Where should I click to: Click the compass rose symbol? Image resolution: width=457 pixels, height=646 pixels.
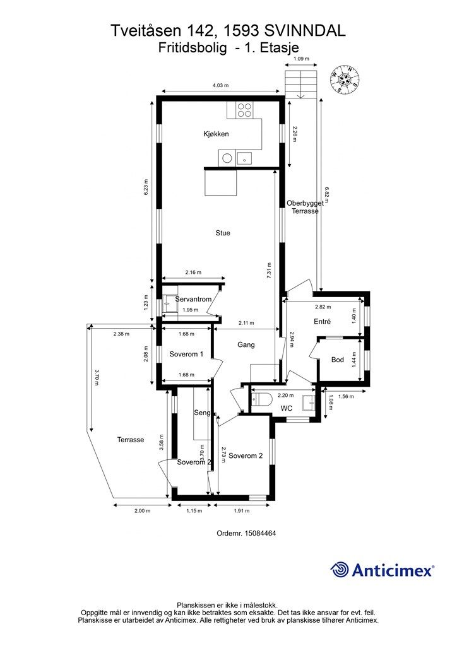pyautogui.click(x=345, y=79)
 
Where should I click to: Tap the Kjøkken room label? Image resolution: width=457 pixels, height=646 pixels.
pyautogui.click(x=216, y=134)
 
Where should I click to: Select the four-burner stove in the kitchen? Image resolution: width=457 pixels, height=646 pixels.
pyautogui.click(x=244, y=110)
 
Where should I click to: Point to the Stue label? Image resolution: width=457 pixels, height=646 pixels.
pyautogui.click(x=223, y=233)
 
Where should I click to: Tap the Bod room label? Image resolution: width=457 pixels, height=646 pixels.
pyautogui.click(x=338, y=360)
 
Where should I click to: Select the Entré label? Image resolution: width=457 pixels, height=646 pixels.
pyautogui.click(x=323, y=321)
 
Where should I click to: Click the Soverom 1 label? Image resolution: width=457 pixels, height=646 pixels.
pyautogui.click(x=186, y=354)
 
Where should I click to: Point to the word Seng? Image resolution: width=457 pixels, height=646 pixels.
pyautogui.click(x=203, y=413)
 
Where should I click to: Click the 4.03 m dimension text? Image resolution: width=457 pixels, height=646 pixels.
pyautogui.click(x=220, y=85)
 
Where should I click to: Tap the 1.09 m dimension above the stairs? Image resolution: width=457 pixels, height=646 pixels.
pyautogui.click(x=301, y=59)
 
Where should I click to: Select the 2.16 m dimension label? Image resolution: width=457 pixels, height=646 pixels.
pyautogui.click(x=193, y=273)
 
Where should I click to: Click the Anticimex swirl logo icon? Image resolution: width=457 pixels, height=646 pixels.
pyautogui.click(x=340, y=570)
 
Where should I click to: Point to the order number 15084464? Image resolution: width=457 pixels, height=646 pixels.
pyautogui.click(x=260, y=533)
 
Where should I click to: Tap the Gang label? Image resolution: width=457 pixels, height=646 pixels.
pyautogui.click(x=246, y=345)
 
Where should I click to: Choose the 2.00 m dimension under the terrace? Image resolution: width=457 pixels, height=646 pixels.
pyautogui.click(x=142, y=511)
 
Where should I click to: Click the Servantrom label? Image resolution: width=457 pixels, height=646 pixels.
pyautogui.click(x=193, y=299)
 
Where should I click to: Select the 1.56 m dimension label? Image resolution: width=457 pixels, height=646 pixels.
pyautogui.click(x=346, y=396)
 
